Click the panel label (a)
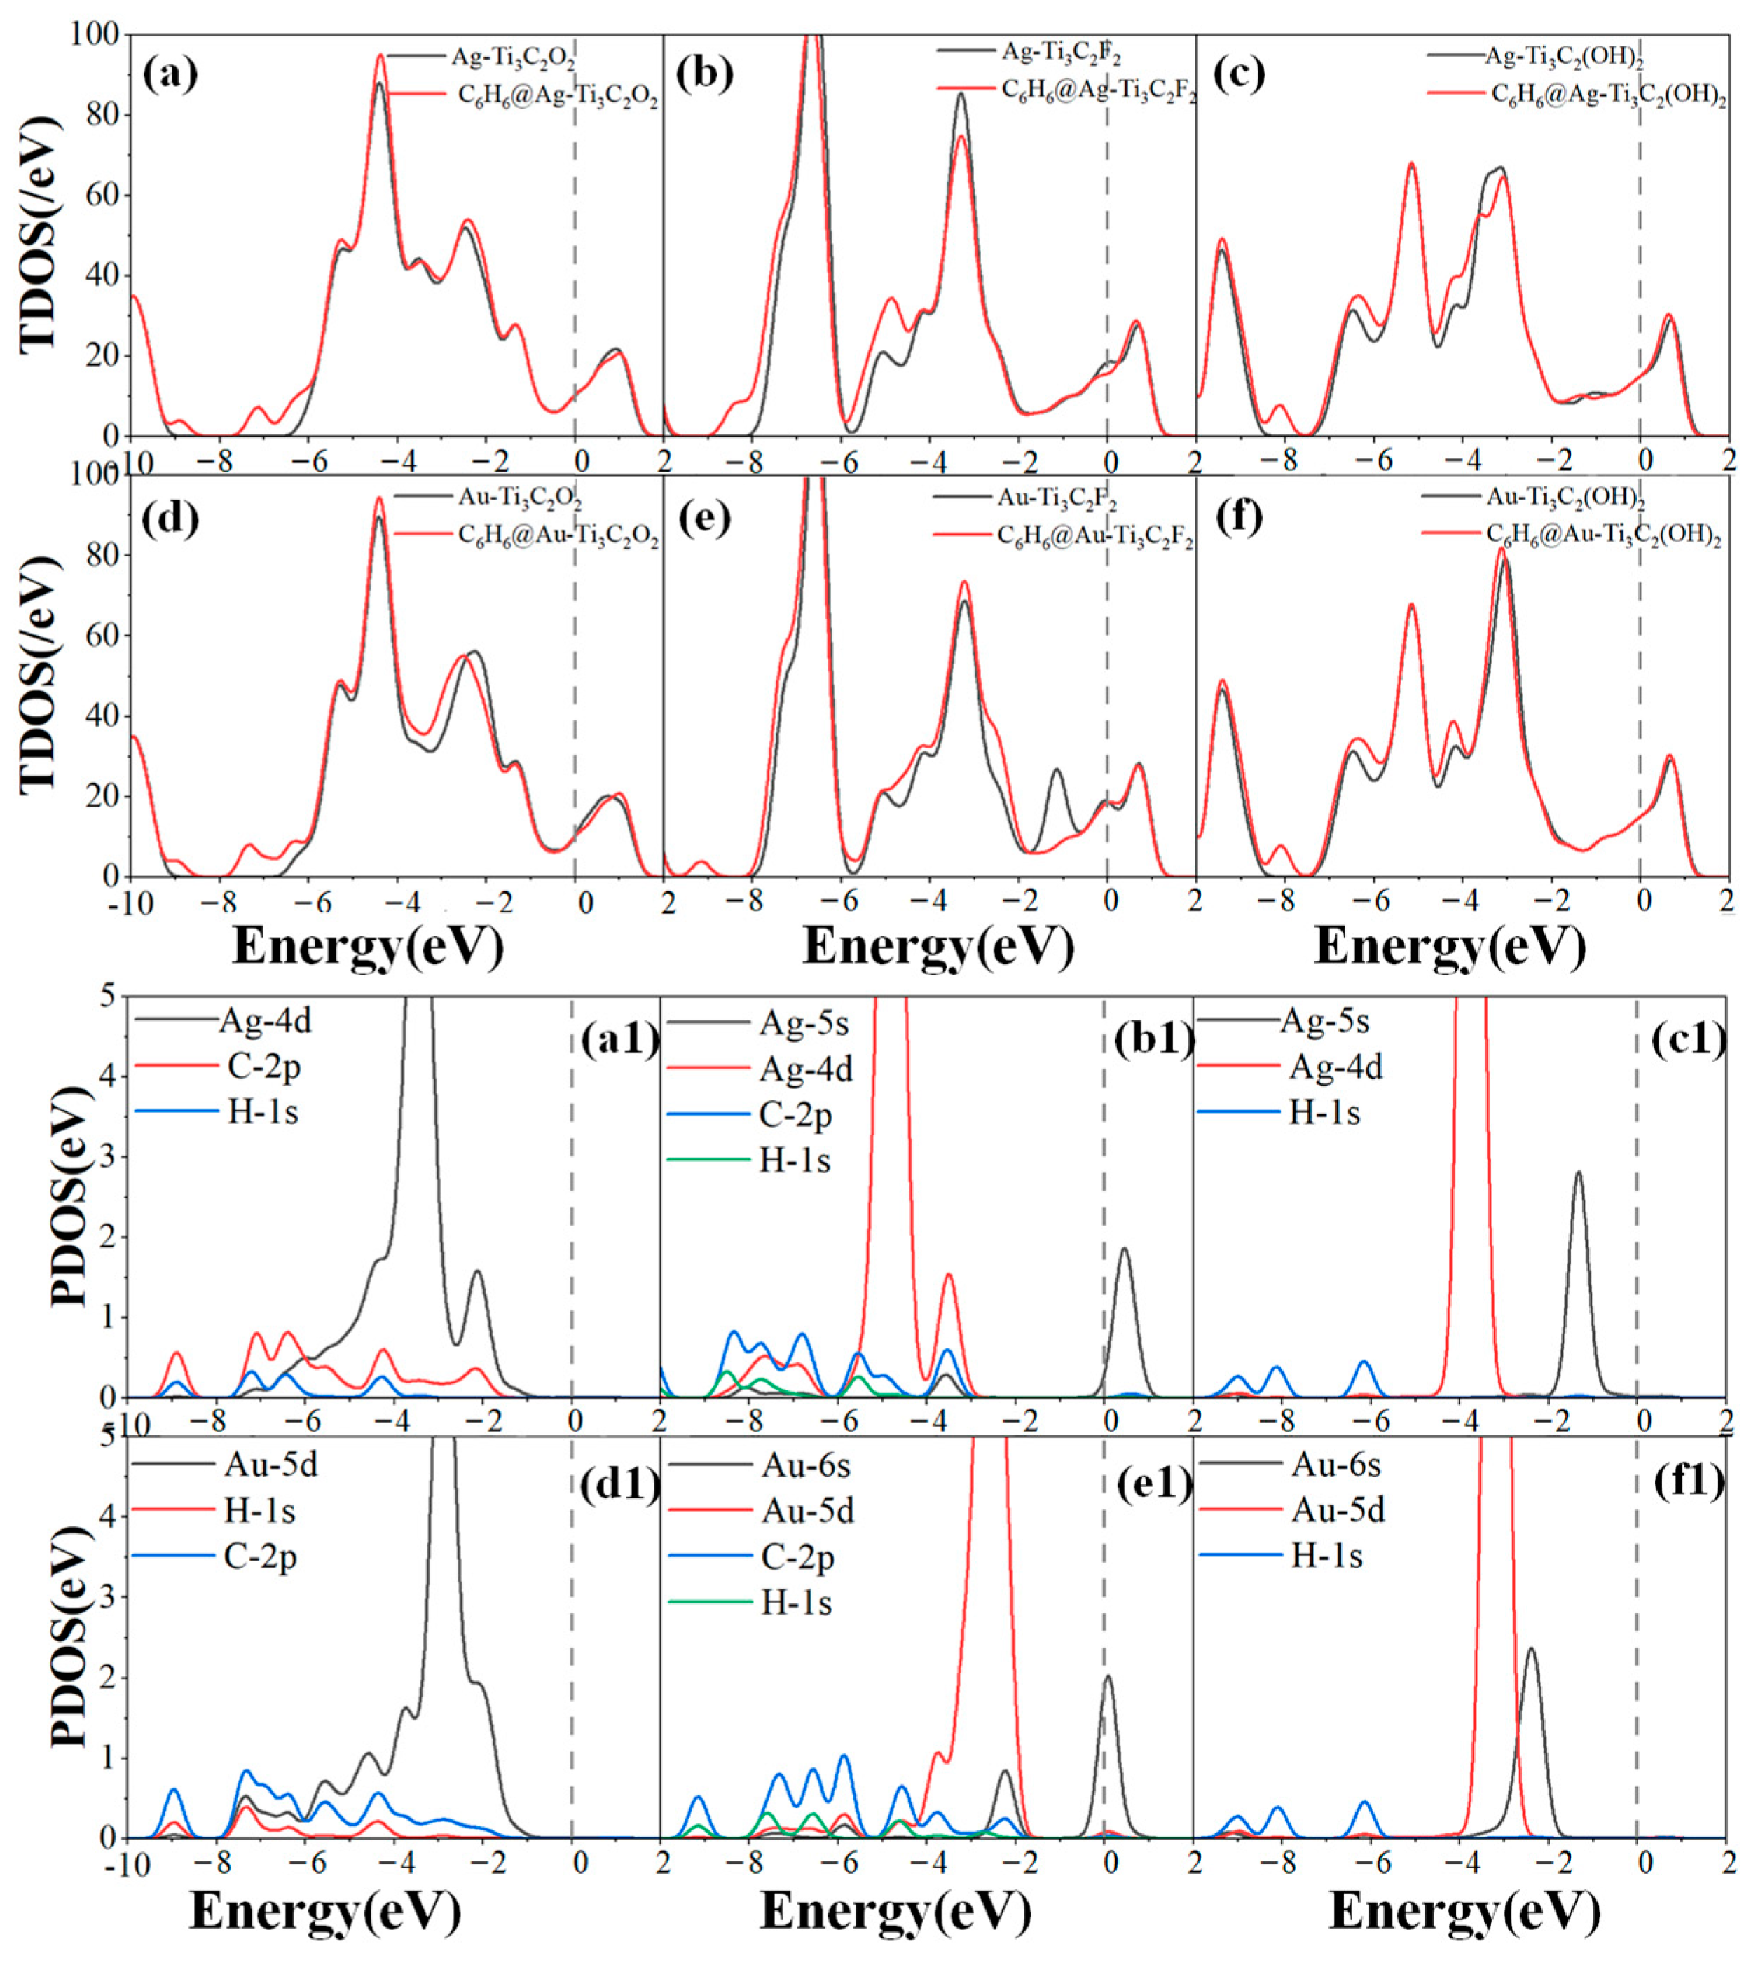click(170, 75)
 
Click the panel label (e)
click(704, 518)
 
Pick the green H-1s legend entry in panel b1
click(795, 1160)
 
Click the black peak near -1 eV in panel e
click(1057, 771)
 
